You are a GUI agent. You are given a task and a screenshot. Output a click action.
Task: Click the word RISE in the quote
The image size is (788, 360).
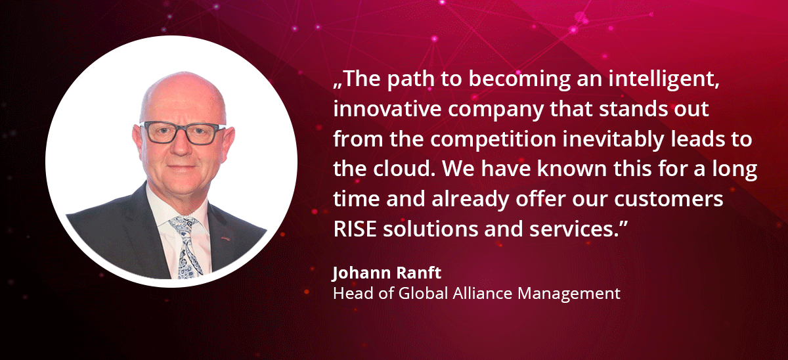(x=355, y=229)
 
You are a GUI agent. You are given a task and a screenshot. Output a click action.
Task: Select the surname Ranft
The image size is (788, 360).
(x=419, y=273)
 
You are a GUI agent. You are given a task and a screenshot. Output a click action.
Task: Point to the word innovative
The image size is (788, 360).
(x=387, y=108)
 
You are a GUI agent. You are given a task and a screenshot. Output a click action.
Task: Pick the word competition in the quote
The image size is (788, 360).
(x=493, y=140)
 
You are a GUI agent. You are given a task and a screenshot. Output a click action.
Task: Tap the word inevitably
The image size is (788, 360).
(x=613, y=140)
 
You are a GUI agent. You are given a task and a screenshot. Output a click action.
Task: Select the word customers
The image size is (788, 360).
(x=668, y=199)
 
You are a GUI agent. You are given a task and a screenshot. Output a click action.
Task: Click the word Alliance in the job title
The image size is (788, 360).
(x=482, y=293)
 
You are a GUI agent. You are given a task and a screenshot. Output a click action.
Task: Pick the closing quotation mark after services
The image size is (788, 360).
(x=623, y=223)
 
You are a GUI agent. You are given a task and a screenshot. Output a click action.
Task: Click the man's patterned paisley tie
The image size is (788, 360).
(x=186, y=247)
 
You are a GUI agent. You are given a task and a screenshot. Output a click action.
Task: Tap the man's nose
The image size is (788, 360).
(x=181, y=145)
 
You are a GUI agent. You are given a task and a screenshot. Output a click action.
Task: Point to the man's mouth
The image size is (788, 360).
(x=183, y=167)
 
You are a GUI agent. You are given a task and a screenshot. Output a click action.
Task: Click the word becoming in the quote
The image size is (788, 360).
(x=519, y=80)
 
